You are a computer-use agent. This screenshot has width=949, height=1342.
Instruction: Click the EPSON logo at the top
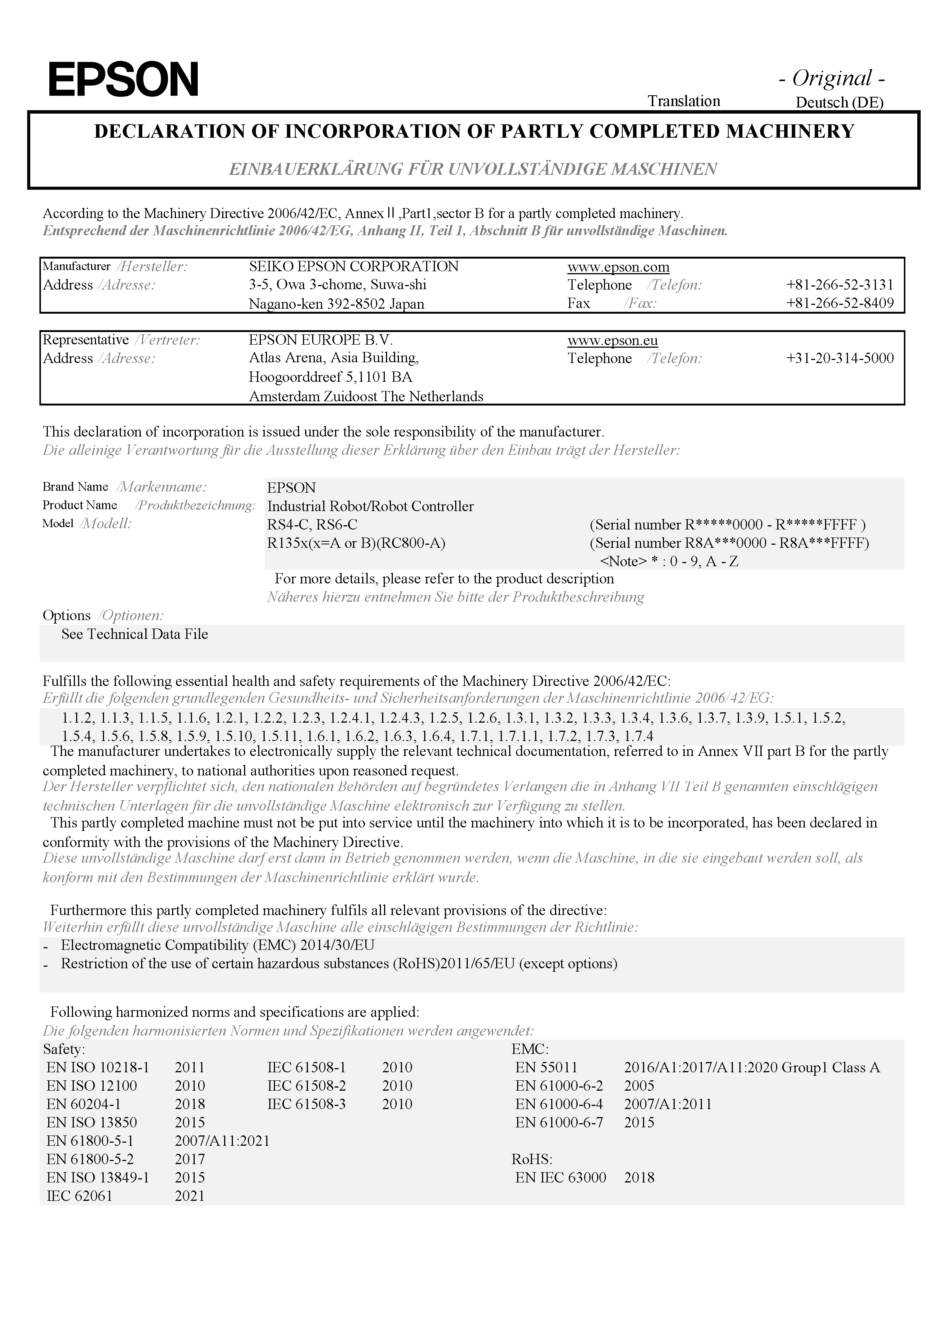pyautogui.click(x=123, y=80)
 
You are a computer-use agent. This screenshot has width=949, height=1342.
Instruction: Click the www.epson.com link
pyautogui.click(x=618, y=267)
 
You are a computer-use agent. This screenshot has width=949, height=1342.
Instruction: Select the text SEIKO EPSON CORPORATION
pyautogui.click(x=353, y=267)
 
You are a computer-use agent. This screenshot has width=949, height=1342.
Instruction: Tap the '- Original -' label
pyautogui.click(x=832, y=78)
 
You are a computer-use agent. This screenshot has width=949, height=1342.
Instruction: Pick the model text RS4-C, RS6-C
pyautogui.click(x=312, y=524)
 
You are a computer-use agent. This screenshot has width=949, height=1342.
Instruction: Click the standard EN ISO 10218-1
pyautogui.click(x=98, y=1067)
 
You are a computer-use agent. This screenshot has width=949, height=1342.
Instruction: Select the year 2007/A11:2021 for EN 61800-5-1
pyautogui.click(x=222, y=1140)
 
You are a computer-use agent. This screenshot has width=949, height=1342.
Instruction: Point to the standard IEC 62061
pyautogui.click(x=79, y=1195)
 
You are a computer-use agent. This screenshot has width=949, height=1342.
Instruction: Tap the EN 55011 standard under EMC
pyautogui.click(x=546, y=1067)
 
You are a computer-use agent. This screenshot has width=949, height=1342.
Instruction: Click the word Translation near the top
pyautogui.click(x=684, y=101)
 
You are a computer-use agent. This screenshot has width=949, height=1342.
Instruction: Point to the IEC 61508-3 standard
pyautogui.click(x=307, y=1104)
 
